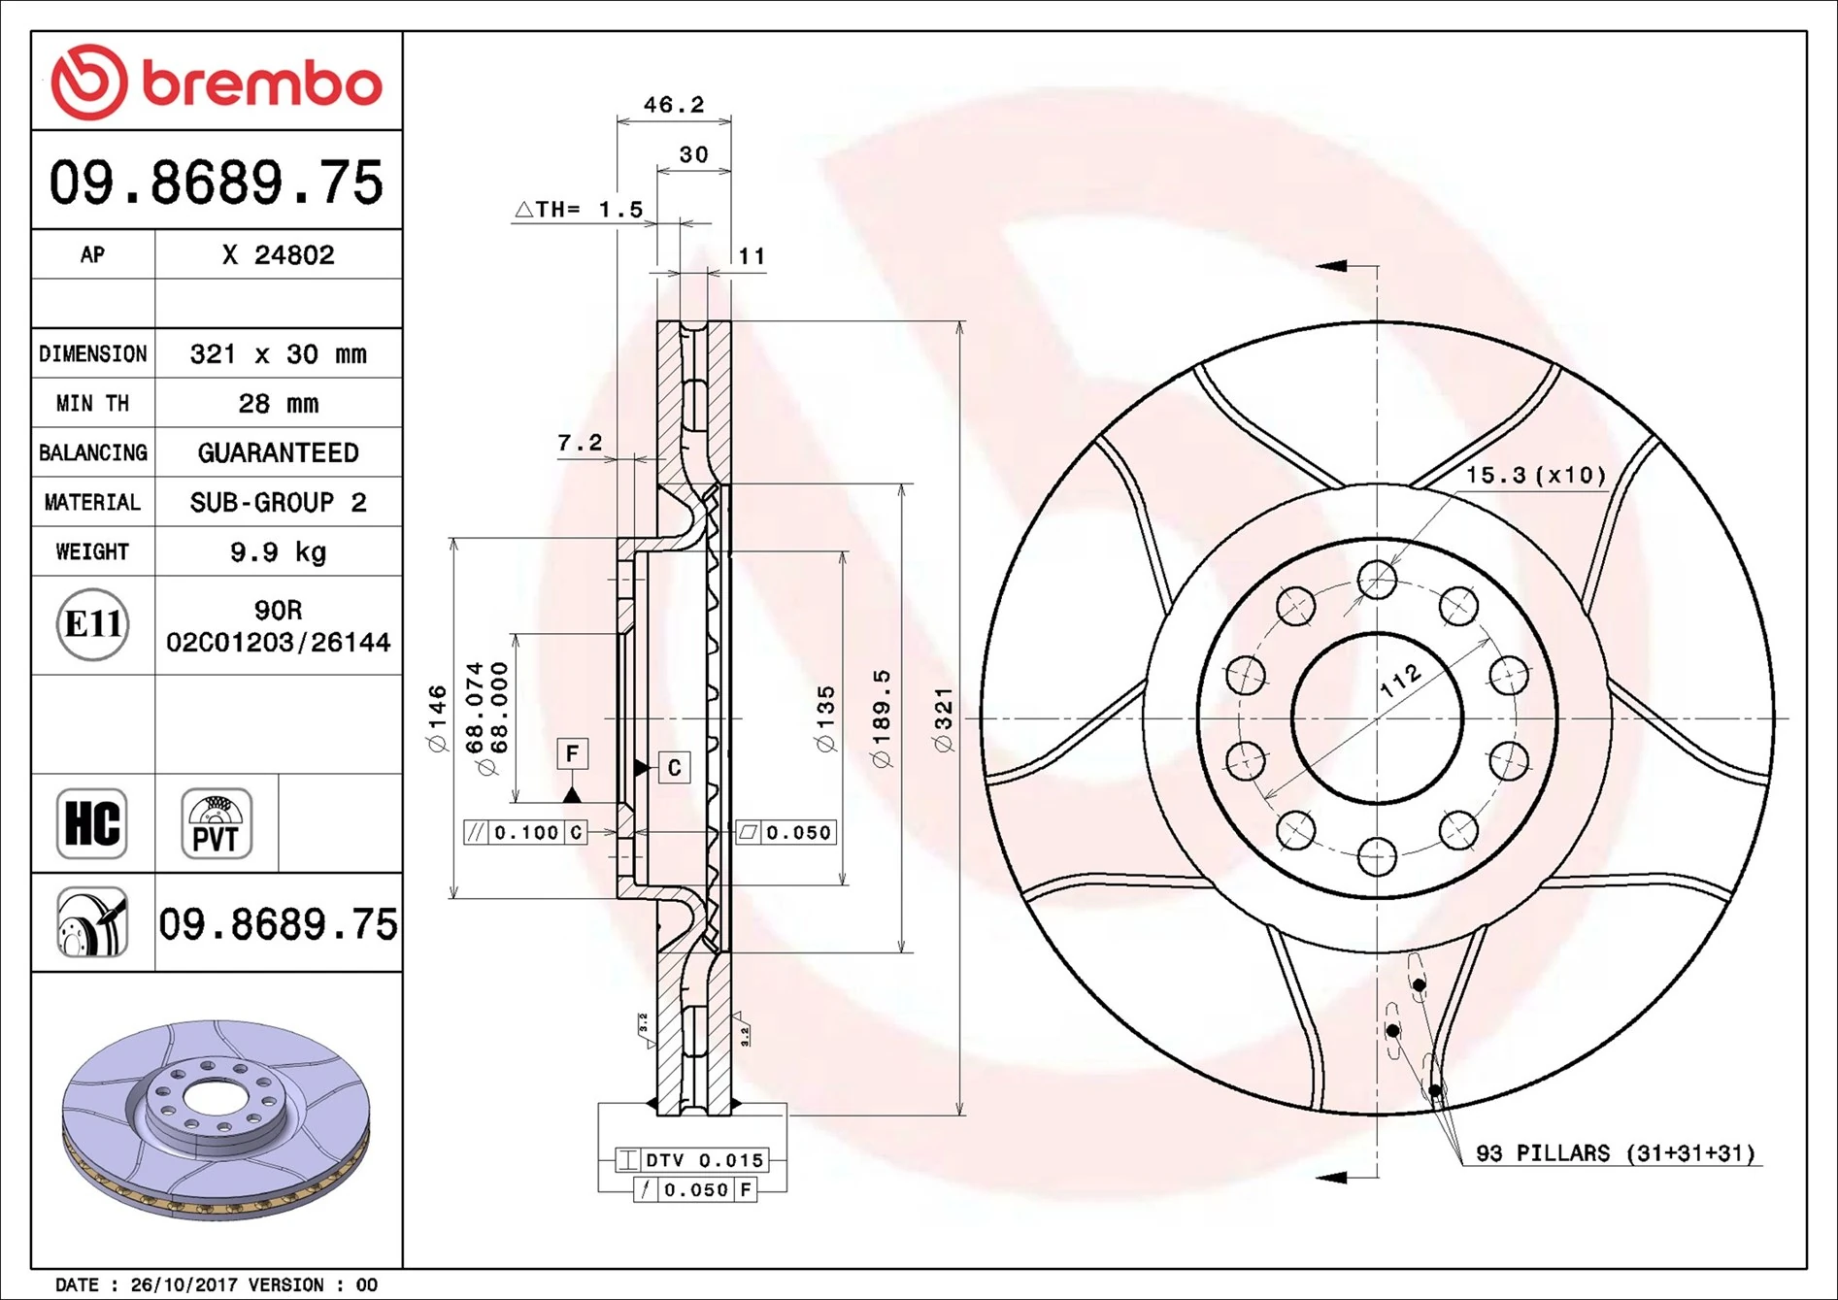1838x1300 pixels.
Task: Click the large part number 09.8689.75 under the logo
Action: tap(217, 183)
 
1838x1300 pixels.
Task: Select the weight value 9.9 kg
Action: tap(278, 552)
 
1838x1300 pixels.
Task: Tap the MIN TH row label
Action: tap(92, 404)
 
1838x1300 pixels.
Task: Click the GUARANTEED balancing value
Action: tap(278, 453)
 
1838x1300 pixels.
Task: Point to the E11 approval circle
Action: tap(92, 624)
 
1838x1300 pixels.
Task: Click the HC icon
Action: tap(92, 823)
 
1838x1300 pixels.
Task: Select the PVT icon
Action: tap(217, 823)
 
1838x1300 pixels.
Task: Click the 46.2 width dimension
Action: tap(674, 105)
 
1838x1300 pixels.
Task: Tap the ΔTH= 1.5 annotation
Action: tap(579, 210)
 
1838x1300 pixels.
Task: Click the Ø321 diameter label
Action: tap(944, 718)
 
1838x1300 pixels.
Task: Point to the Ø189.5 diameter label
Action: tap(882, 718)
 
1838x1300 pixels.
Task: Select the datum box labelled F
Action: tap(572, 753)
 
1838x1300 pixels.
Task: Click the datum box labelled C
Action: tap(675, 768)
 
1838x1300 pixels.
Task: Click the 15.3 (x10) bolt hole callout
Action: tap(1535, 476)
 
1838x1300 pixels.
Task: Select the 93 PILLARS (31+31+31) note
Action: tap(1616, 1153)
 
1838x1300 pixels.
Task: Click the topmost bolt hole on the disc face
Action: tap(1377, 581)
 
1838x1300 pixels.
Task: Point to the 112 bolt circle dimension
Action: tap(1401, 681)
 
